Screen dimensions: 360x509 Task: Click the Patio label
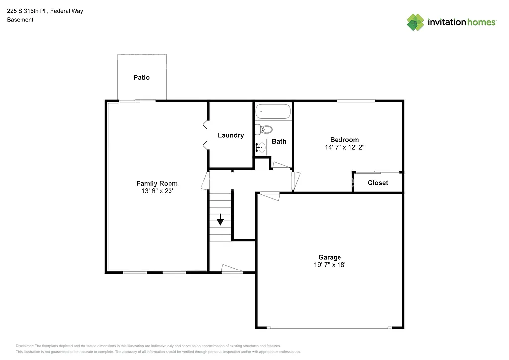pyautogui.click(x=141, y=78)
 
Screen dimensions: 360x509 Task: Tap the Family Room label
pyautogui.click(x=157, y=183)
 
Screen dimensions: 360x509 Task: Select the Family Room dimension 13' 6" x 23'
pyautogui.click(x=157, y=191)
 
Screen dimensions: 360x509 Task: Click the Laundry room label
pyautogui.click(x=231, y=135)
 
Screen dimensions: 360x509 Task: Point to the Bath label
pyautogui.click(x=279, y=141)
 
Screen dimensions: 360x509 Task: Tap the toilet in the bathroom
pyautogui.click(x=264, y=130)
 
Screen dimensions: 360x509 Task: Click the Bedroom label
pyautogui.click(x=344, y=140)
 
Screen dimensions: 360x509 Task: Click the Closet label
pyautogui.click(x=378, y=183)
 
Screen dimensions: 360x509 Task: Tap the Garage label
pyautogui.click(x=330, y=257)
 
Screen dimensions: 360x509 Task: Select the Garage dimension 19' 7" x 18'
pyautogui.click(x=330, y=265)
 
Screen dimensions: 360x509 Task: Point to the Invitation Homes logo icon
pyautogui.click(x=416, y=22)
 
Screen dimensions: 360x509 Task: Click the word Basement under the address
pyautogui.click(x=20, y=20)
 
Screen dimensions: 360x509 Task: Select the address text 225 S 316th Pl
pyautogui.click(x=27, y=10)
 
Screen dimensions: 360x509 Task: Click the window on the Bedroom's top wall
pyautogui.click(x=356, y=101)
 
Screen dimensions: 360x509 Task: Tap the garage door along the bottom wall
pyautogui.click(x=330, y=328)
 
